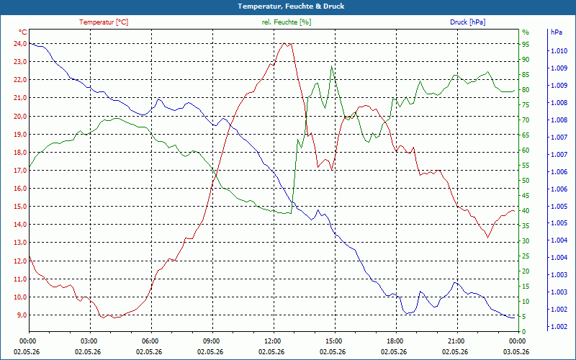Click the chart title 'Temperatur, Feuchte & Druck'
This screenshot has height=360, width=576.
pyautogui.click(x=291, y=6)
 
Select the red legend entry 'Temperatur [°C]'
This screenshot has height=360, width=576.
pyautogui.click(x=104, y=22)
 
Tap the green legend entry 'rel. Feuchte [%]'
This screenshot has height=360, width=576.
pyautogui.click(x=286, y=22)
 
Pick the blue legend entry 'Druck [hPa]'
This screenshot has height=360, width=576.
pyautogui.click(x=467, y=22)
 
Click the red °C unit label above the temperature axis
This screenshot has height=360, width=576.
pyautogui.click(x=23, y=32)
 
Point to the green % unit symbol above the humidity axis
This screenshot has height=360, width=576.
pyautogui.click(x=526, y=32)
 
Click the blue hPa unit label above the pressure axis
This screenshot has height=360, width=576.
pyautogui.click(x=557, y=32)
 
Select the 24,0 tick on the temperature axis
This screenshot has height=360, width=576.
pyautogui.click(x=20, y=44)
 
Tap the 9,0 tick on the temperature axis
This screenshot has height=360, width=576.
pyautogui.click(x=22, y=315)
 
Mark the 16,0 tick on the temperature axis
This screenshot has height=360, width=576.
pyautogui.click(x=20, y=189)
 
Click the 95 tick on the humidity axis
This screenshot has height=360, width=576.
pyautogui.click(x=526, y=45)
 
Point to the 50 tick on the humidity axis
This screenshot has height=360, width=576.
pyautogui.click(x=526, y=181)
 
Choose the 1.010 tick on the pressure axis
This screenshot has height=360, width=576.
pyautogui.click(x=559, y=51)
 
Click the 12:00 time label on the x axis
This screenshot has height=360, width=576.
pyautogui.click(x=273, y=341)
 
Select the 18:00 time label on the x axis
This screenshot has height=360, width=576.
pyautogui.click(x=395, y=341)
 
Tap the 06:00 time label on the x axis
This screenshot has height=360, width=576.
pyautogui.click(x=150, y=341)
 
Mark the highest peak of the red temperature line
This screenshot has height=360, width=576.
pyautogui.click(x=284, y=43)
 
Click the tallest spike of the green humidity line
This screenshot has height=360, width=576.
pyautogui.click(x=331, y=66)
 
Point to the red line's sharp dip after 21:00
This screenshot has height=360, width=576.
pyautogui.click(x=488, y=238)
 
